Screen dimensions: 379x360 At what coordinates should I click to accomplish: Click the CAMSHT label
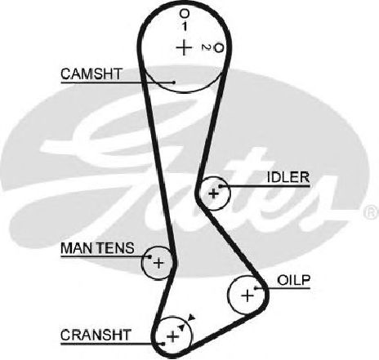[91, 73]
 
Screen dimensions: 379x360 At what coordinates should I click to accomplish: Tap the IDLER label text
[288, 177]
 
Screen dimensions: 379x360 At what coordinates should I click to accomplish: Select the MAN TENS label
[97, 248]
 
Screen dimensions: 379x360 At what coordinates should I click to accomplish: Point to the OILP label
[294, 280]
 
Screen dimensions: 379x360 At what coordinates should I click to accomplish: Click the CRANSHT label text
[96, 335]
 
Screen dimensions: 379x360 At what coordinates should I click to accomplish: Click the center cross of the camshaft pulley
[184, 47]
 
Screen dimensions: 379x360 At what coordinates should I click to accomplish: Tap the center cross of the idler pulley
[214, 193]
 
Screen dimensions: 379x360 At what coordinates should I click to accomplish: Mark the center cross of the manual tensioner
[158, 263]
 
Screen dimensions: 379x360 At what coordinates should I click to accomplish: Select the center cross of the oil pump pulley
[247, 296]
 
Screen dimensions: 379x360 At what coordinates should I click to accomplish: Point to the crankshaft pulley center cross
[172, 336]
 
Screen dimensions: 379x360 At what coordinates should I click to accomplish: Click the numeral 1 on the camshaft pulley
[185, 26]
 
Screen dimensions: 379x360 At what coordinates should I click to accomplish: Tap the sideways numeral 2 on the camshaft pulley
[206, 47]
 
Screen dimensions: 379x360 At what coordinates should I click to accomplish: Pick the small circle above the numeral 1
[185, 13]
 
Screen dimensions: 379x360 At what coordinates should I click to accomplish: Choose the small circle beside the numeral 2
[219, 48]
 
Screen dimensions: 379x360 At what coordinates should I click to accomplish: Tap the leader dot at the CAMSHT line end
[174, 82]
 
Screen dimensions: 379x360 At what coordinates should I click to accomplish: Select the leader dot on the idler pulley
[221, 186]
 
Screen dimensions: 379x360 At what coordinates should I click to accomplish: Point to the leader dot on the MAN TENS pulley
[149, 256]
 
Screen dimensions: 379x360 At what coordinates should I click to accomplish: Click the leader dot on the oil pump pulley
[256, 288]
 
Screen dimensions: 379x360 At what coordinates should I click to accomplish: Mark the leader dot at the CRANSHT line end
[163, 344]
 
